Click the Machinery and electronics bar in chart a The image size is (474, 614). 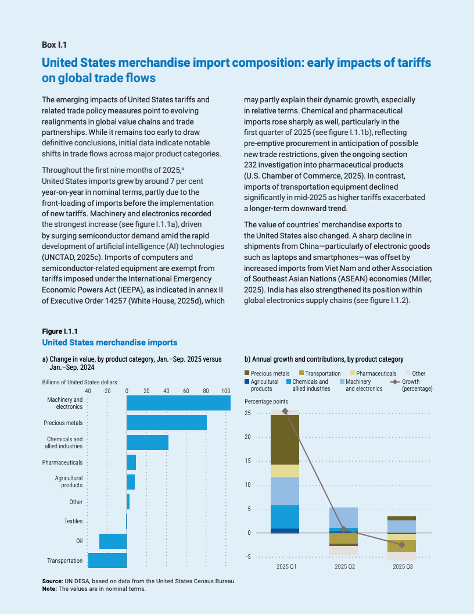click(178, 403)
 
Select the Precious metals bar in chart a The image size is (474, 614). click(167, 423)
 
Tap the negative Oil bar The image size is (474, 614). click(113, 541)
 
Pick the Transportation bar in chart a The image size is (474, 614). click(107, 561)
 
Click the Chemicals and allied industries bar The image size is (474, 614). click(148, 442)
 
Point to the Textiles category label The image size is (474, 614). click(73, 521)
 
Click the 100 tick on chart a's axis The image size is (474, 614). click(225, 391)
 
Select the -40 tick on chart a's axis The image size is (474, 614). click(87, 391)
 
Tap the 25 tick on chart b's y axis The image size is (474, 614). click(247, 413)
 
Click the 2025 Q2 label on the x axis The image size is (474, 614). click(343, 566)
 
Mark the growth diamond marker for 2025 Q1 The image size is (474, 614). click(285, 411)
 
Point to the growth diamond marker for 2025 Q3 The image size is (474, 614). click(401, 545)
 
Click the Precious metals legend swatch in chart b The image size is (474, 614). click(247, 373)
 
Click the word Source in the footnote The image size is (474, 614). click(52, 581)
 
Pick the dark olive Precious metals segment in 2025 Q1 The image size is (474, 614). click(285, 440)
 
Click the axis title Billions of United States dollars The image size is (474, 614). click(80, 382)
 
